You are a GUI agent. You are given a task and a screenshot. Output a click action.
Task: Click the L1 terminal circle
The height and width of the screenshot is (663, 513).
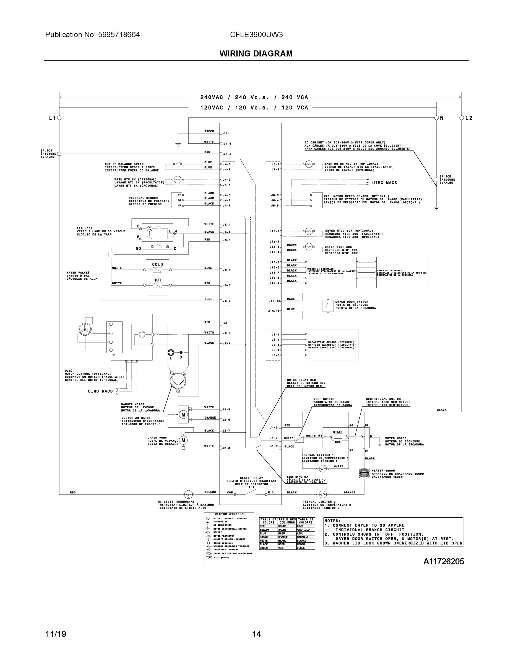pyautogui.click(x=59, y=118)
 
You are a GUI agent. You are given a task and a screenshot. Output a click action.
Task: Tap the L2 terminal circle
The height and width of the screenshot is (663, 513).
pyautogui.click(x=461, y=118)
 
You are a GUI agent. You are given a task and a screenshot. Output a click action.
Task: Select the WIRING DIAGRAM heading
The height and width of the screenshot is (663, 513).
pyautogui.click(x=256, y=54)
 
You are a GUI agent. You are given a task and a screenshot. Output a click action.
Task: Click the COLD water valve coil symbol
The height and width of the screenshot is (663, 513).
pyautogui.click(x=157, y=270)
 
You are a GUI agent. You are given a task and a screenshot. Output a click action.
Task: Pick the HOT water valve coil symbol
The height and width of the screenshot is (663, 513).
pyautogui.click(x=157, y=285)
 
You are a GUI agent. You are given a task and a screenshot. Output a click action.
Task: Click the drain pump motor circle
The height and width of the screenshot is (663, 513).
pyautogui.click(x=183, y=440)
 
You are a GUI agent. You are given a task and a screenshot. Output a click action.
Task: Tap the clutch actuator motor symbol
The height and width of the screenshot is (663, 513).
pyautogui.click(x=183, y=414)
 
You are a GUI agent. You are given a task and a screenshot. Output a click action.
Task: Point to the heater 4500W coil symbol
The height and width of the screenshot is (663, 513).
pyautogui.click(x=364, y=473)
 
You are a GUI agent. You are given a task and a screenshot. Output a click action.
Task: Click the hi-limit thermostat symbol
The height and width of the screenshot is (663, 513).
pyautogui.click(x=188, y=494)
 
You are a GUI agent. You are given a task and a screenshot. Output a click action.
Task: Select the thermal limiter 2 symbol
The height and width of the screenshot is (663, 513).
pyautogui.click(x=322, y=494)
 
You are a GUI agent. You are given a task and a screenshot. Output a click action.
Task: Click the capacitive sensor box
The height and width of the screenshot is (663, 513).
pyautogui.click(x=332, y=344)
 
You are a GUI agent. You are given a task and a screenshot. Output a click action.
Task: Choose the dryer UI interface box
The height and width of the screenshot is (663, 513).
pyautogui.click(x=402, y=272)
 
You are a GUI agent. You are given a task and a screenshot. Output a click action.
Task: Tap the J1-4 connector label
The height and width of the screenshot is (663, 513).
pyautogui.click(x=227, y=154)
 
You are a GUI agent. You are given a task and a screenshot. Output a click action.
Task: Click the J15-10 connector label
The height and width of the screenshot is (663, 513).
pyautogui.click(x=274, y=301)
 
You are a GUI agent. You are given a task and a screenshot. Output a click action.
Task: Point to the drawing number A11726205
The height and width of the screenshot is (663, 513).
pyautogui.click(x=443, y=562)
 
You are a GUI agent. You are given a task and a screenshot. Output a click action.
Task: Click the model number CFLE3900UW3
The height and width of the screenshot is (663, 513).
pyautogui.click(x=256, y=35)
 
